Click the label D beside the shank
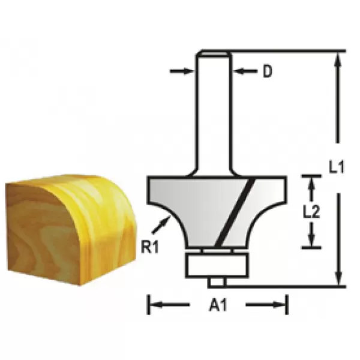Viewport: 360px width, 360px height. (268, 72)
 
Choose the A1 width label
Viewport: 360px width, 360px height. (217, 305)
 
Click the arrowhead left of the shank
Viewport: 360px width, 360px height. (191, 71)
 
